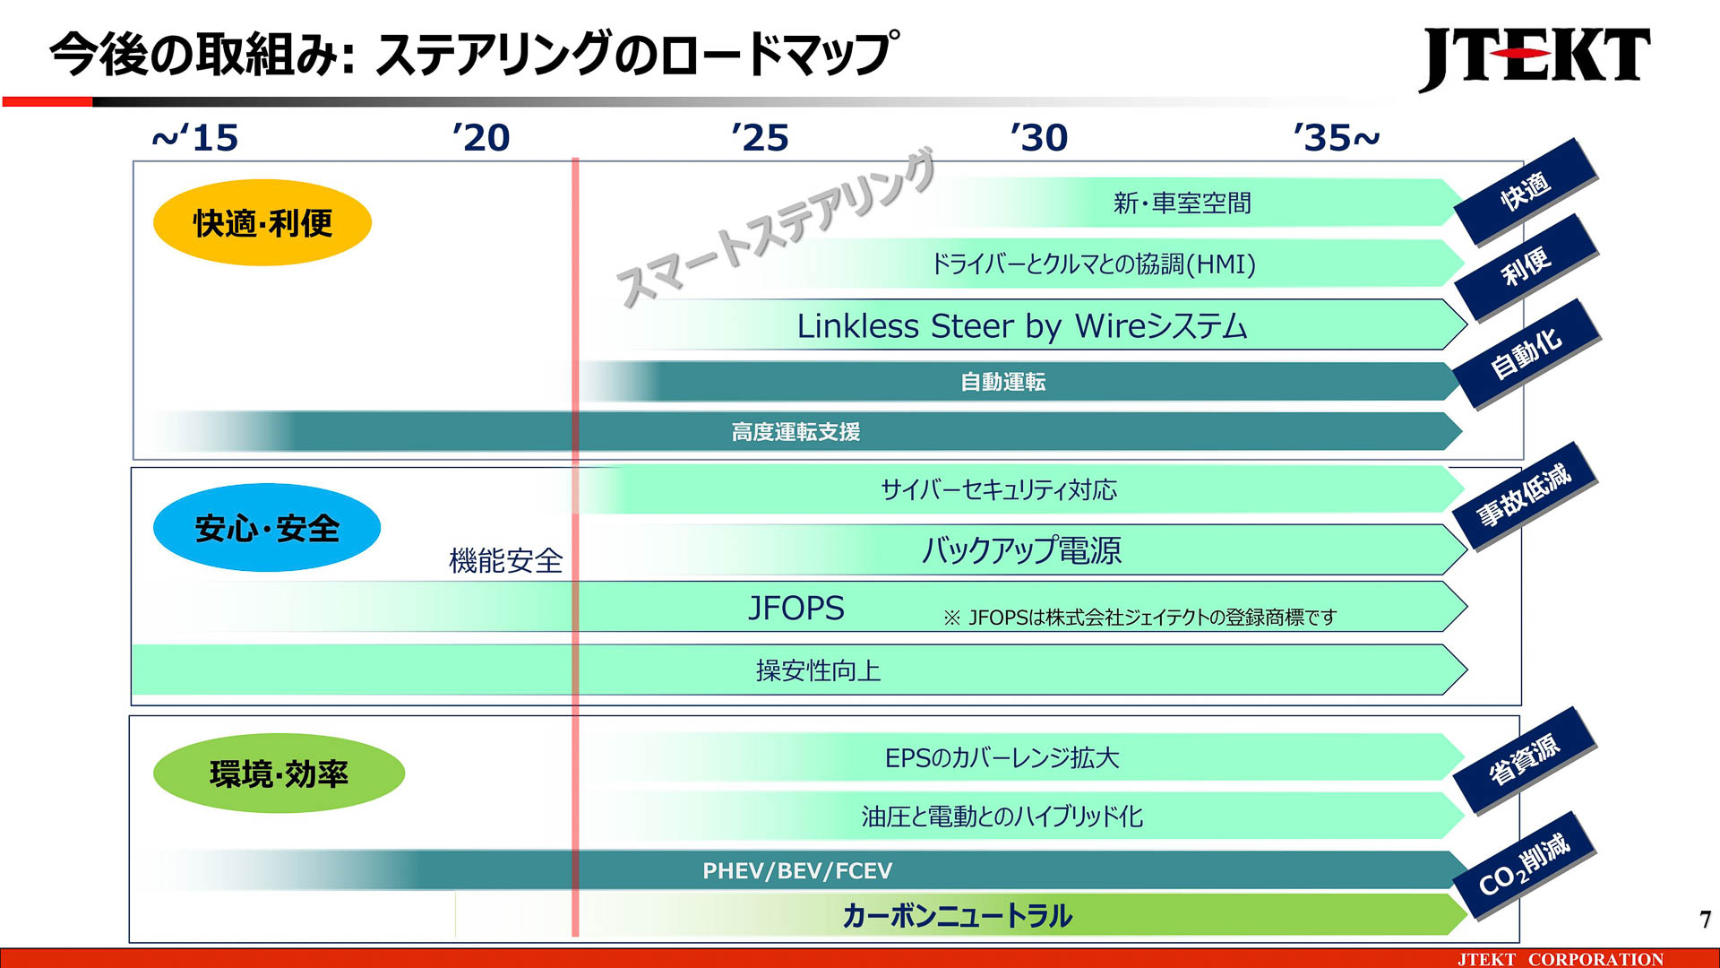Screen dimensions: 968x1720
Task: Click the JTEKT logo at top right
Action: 1534,57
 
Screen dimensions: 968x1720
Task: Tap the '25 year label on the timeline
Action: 760,138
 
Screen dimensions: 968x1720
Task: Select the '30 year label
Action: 1039,138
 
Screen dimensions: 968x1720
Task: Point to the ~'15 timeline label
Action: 195,138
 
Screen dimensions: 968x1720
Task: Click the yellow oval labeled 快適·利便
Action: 262,222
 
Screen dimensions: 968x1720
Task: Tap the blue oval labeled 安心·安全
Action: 267,528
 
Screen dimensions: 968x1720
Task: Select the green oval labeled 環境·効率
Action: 279,774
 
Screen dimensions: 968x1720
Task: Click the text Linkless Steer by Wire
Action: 1021,326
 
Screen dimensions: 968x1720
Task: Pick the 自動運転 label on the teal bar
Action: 1002,383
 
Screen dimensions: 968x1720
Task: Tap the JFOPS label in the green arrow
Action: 795,609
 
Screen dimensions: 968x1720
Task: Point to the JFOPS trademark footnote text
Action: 1139,618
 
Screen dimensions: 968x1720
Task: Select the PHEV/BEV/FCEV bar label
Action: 797,871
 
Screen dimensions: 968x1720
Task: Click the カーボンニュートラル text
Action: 957,916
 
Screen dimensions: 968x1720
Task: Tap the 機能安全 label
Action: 506,561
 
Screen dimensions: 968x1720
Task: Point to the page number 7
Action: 1705,920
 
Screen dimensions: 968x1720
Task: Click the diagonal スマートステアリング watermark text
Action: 776,229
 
